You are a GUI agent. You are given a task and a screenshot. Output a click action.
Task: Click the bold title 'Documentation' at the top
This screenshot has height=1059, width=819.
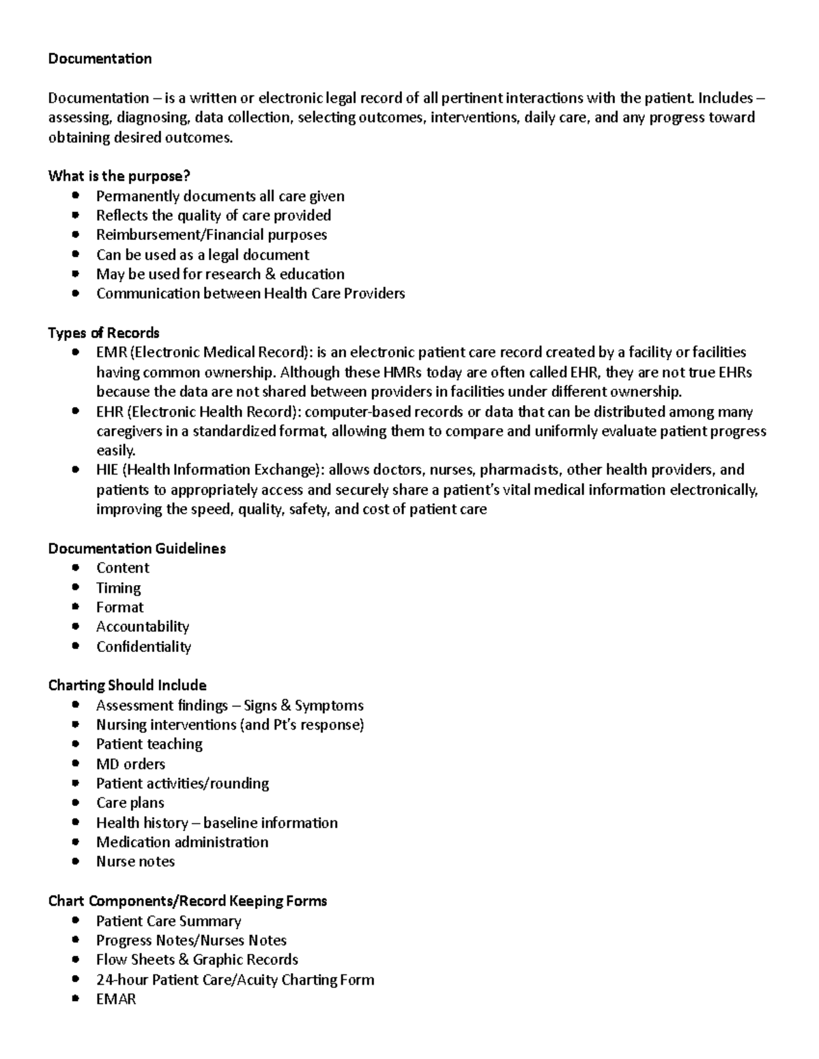tap(100, 59)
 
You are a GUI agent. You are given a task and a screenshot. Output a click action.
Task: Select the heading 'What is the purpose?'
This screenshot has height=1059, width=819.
tap(119, 176)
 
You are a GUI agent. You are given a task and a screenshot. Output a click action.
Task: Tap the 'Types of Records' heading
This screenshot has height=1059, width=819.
tap(104, 333)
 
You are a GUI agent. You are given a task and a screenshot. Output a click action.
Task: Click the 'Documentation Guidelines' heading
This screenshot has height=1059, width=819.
tap(136, 548)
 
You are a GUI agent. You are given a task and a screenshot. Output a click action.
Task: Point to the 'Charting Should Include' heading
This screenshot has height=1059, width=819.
tap(127, 685)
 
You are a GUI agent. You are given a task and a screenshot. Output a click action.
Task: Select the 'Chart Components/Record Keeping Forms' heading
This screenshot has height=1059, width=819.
tap(188, 901)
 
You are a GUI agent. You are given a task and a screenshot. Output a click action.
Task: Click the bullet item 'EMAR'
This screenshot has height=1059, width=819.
tap(116, 999)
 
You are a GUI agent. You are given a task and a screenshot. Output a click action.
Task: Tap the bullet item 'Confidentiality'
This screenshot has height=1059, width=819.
tap(143, 646)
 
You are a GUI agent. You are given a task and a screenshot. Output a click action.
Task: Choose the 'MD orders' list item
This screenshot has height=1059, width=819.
tap(130, 764)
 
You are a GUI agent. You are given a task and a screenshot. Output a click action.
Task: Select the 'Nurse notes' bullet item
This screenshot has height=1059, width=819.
tap(135, 861)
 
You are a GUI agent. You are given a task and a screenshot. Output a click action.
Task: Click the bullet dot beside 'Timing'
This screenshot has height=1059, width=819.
tap(76, 587)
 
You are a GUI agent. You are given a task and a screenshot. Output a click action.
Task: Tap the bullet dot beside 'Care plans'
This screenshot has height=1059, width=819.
tap(76, 803)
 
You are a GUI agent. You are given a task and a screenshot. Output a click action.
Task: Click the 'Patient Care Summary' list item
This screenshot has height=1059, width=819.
tap(169, 921)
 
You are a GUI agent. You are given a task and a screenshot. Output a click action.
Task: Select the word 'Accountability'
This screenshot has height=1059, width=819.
tap(142, 626)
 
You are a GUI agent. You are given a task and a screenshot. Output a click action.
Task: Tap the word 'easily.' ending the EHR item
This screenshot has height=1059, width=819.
tap(116, 450)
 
